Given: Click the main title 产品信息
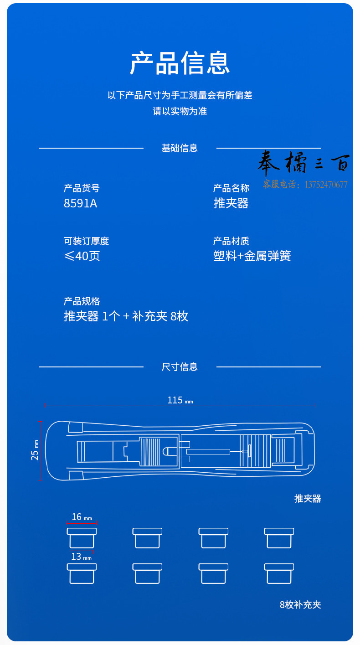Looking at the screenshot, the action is (180, 63).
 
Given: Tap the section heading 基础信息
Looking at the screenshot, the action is (180, 148).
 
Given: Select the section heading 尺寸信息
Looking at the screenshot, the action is (180, 367).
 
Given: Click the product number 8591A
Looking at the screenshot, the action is (80, 203).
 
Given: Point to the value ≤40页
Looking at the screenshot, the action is (82, 256).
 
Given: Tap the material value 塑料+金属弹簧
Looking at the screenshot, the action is (252, 256).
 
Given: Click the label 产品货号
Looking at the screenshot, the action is (82, 188).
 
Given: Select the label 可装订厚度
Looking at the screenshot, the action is (86, 241).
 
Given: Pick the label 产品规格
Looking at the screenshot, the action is (82, 301).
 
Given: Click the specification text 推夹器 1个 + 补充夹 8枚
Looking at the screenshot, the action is (126, 316).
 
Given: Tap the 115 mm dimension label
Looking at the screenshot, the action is (180, 400).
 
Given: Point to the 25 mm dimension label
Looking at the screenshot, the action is (35, 450).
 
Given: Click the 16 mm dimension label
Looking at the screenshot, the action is (82, 517).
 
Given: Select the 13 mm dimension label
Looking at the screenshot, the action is (82, 557).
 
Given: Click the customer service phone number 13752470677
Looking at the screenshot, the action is (326, 185).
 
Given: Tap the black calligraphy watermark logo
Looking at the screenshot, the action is (303, 163).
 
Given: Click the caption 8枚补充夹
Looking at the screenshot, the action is (300, 605).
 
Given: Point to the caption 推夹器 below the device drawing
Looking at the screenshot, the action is (308, 498).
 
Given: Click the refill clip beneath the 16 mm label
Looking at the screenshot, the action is (82, 538).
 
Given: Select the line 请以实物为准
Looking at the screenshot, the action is (180, 111).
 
